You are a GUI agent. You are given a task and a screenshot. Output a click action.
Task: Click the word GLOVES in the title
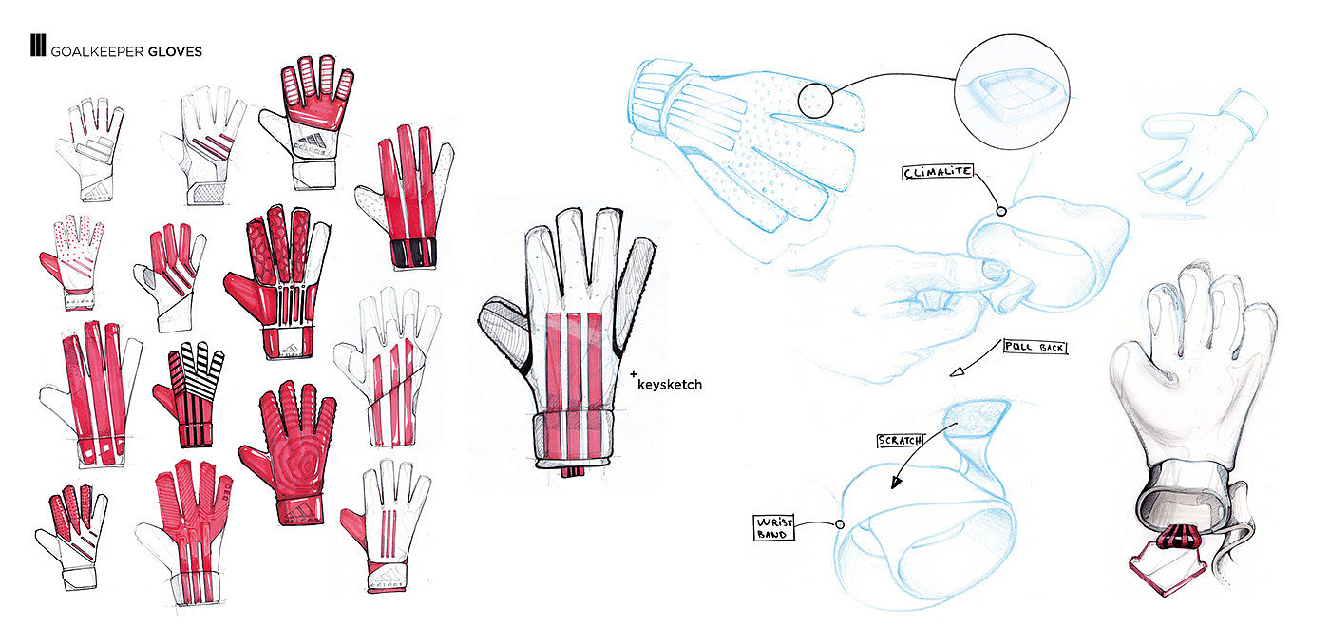(175, 51)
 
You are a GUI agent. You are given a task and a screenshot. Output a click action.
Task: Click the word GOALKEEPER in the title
(98, 51)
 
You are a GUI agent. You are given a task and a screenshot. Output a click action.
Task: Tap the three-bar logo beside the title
(38, 47)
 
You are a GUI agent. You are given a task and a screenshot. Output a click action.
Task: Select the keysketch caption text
(669, 384)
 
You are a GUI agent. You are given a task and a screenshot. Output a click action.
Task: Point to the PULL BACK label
(1035, 348)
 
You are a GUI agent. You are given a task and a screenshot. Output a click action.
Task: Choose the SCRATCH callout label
(899, 442)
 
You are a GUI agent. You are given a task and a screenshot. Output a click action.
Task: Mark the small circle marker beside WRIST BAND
(840, 523)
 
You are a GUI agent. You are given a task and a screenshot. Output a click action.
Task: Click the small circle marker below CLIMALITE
(1000, 211)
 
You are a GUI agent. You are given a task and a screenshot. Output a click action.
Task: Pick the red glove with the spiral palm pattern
(287, 454)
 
